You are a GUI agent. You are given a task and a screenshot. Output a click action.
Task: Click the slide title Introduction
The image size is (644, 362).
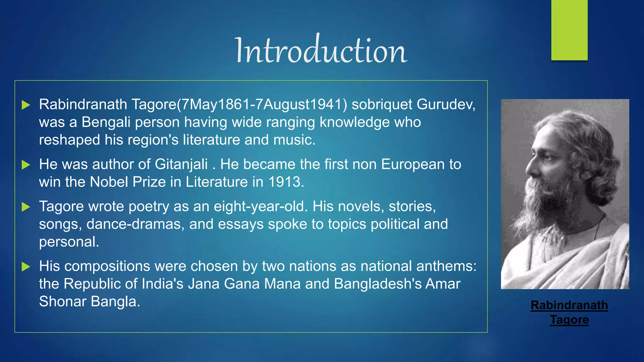321,50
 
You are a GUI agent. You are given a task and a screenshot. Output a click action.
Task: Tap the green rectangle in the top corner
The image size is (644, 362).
569,30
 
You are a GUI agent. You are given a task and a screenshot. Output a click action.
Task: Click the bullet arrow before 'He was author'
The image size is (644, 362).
26,165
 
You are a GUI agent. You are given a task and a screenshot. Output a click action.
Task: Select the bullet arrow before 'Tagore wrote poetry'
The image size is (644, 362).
26,207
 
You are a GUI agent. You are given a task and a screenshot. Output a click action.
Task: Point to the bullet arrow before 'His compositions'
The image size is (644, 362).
26,267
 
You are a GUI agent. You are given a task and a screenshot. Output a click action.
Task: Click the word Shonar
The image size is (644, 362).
63,301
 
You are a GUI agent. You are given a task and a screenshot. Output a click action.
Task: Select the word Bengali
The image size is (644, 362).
106,122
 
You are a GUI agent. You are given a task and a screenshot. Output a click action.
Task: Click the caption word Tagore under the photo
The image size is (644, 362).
569,320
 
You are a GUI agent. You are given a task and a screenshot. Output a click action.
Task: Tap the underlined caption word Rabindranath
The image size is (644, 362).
569,305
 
